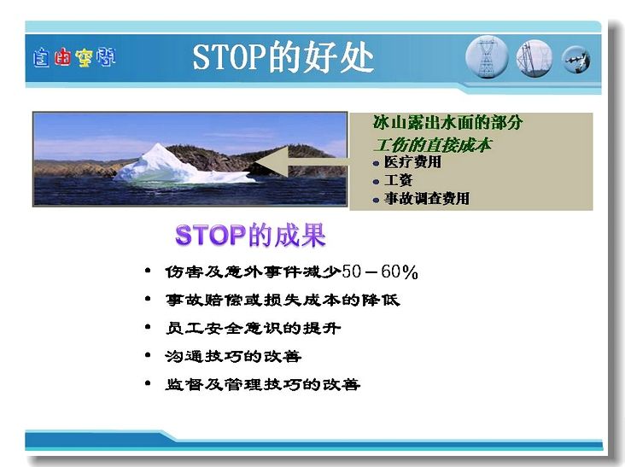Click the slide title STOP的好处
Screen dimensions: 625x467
[283, 58]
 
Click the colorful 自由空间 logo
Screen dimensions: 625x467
[74, 58]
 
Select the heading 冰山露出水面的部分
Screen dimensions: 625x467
[447, 122]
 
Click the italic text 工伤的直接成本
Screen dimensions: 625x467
[433, 145]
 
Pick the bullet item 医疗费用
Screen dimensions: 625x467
[412, 162]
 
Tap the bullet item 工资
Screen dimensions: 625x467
[398, 180]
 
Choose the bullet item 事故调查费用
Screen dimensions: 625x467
[427, 198]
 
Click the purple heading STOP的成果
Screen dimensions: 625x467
[250, 235]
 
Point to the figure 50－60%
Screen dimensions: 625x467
[380, 272]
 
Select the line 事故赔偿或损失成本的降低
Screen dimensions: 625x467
[283, 300]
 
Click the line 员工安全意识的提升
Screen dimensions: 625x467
[253, 329]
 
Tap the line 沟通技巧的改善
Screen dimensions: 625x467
[233, 356]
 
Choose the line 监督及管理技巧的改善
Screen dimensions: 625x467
[263, 384]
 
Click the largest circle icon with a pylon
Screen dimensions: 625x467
[487, 57]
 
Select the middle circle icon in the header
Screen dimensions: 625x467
[534, 58]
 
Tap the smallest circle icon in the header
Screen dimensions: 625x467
[576, 60]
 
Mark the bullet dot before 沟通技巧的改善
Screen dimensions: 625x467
[148, 354]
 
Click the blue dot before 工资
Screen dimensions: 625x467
[376, 182]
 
